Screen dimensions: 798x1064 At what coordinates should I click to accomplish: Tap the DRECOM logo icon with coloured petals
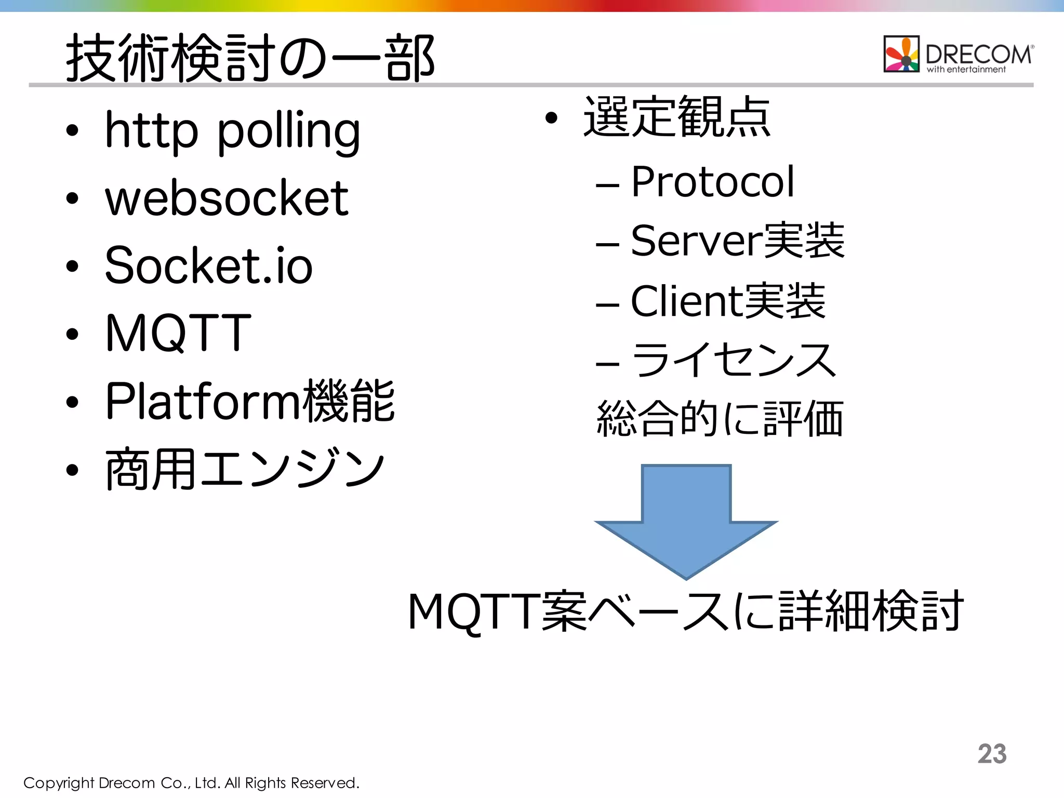[x=901, y=54]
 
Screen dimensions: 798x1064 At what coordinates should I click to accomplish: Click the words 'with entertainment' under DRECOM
[x=966, y=70]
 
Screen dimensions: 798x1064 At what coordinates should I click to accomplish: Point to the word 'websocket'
[x=227, y=198]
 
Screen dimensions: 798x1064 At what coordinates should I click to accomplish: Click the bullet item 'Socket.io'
[x=208, y=265]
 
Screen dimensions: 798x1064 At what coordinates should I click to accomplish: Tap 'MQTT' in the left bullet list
[x=178, y=333]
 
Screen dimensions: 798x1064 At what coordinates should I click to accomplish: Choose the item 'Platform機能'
[x=250, y=401]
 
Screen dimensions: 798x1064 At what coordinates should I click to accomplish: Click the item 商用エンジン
[x=244, y=469]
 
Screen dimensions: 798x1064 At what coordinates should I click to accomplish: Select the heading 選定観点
[x=676, y=117]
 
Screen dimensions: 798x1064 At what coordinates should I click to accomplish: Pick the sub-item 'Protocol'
[x=712, y=182]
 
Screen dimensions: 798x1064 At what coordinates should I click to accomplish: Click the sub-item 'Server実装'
[x=737, y=241]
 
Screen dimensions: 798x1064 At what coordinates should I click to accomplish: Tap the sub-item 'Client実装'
[x=727, y=301]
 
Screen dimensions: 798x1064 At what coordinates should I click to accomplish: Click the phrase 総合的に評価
[x=720, y=419]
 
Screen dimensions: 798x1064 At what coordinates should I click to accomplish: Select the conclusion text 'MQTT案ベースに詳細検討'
[x=686, y=611]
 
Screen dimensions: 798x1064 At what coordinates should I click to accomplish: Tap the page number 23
[x=992, y=753]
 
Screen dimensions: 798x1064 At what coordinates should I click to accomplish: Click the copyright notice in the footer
[x=191, y=783]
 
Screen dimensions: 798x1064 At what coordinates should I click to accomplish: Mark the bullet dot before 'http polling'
[x=72, y=131]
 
